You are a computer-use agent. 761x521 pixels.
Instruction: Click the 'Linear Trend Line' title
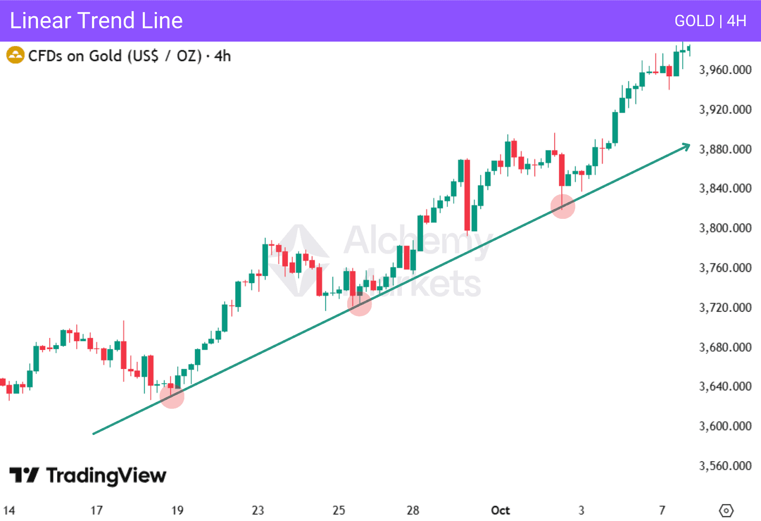point(97,21)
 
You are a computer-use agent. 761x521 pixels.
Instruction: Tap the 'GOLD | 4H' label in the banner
point(710,21)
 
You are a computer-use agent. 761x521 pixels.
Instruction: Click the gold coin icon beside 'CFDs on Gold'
point(15,55)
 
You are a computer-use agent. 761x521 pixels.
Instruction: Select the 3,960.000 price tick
point(725,70)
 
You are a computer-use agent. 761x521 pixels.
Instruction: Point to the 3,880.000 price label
point(725,149)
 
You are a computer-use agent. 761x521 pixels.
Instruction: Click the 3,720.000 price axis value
point(725,308)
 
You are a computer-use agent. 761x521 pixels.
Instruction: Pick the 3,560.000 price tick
point(725,466)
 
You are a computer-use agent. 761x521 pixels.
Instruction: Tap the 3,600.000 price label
point(725,426)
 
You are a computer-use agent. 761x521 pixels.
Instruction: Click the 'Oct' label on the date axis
point(500,511)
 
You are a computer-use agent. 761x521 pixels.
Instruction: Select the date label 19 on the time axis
point(177,511)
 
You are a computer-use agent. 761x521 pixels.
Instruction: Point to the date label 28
point(413,511)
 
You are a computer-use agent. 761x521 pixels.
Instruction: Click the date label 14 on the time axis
point(9,511)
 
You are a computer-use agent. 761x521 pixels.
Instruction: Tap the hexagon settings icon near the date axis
point(726,511)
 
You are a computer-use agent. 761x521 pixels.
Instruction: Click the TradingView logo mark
point(24,475)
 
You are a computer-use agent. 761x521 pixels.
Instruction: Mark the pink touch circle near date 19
point(172,396)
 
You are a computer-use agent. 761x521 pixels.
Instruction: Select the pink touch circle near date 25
point(359,304)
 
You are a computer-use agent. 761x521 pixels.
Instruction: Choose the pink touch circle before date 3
point(563,206)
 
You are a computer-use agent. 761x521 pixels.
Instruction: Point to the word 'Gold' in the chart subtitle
point(106,56)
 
